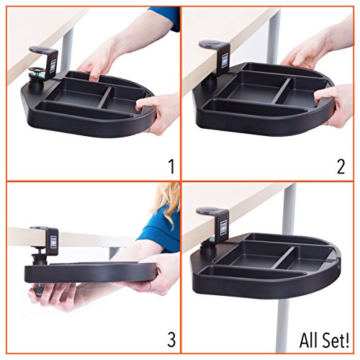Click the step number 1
click(170, 168)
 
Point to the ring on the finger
click(150, 286)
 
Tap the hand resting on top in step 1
click(101, 61)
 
